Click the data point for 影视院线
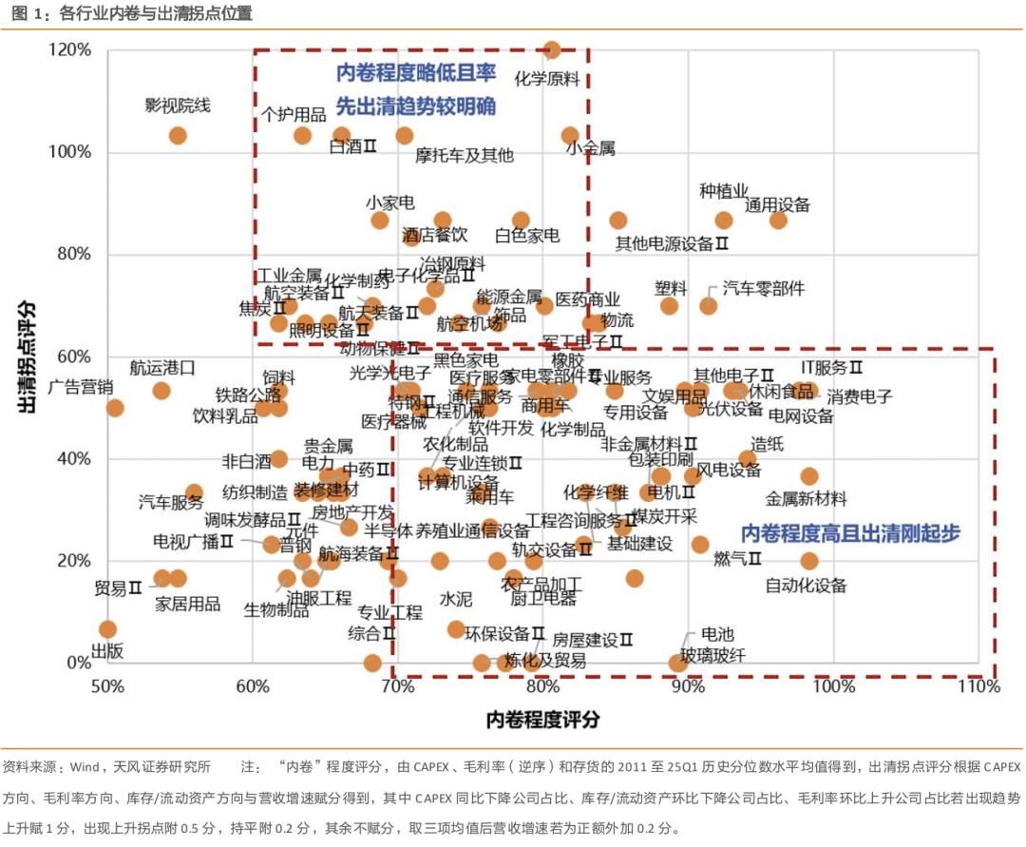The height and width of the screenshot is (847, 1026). pos(178,136)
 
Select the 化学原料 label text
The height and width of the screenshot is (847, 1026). pos(546,79)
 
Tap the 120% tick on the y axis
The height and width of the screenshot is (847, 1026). pos(71,50)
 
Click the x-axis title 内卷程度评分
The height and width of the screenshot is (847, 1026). pos(542,720)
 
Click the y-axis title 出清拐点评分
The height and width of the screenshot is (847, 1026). pos(28,356)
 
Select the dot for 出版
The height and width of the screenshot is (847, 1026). pos(107,629)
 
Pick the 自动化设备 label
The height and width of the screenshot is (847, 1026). pos(806,586)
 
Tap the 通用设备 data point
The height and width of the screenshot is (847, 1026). pos(778,221)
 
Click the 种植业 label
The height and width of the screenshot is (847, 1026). pos(725,191)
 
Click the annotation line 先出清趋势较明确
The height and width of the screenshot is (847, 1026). pos(416,106)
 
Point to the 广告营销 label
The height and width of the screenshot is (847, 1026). pos(81,387)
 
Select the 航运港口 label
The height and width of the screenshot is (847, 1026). pos(162,367)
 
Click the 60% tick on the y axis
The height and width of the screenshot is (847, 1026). pos(74,356)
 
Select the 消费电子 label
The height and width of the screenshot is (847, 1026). pos(859,395)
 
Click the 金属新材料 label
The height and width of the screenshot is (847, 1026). pos(806,498)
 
